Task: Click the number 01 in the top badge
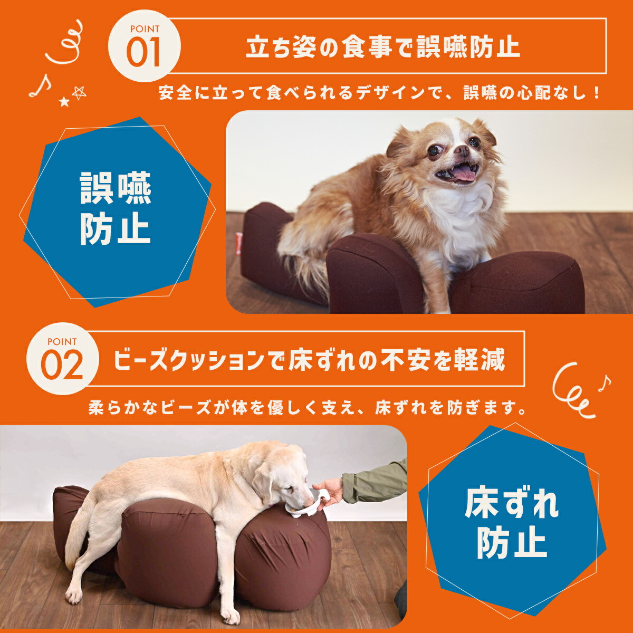click(x=143, y=53)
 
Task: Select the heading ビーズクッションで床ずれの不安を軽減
click(x=309, y=360)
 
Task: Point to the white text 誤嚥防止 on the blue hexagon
click(x=116, y=209)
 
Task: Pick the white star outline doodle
click(x=79, y=93)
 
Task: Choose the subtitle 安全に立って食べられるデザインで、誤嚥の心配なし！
click(x=380, y=93)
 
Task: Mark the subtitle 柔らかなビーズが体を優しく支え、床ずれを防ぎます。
click(x=308, y=408)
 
